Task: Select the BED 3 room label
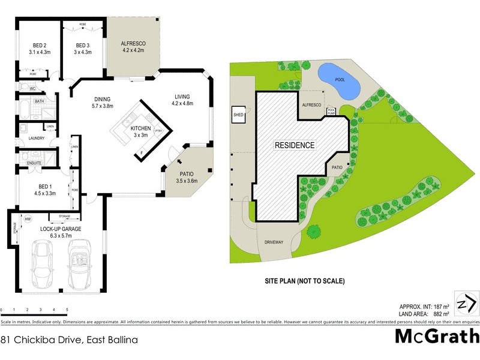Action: pos(83,45)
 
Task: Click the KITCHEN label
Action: pos(140,128)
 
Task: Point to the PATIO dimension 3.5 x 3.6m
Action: pos(187,180)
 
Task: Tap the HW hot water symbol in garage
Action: pos(28,219)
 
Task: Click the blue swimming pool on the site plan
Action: pos(337,81)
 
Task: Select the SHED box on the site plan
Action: pos(238,113)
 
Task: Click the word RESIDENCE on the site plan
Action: pos(295,145)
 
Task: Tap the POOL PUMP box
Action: pos(331,111)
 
